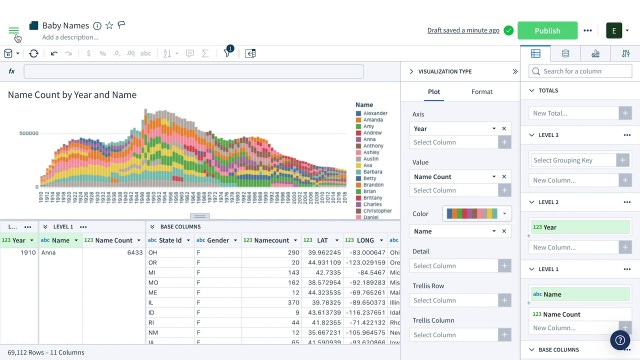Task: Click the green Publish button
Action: pos(548,31)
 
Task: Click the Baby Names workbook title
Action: pos(65,25)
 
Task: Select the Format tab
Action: pos(482,92)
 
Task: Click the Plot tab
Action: pos(434,92)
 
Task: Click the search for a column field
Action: pos(585,71)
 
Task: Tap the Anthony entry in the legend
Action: pos(373,146)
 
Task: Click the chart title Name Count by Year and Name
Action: pos(72,95)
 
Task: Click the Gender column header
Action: pos(217,240)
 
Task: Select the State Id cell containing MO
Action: pos(152,283)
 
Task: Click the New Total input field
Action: pos(570,113)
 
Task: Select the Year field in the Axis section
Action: pos(450,129)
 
